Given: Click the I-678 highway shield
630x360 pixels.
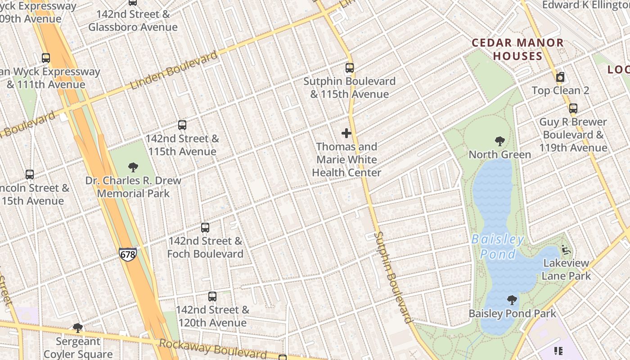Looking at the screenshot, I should pyautogui.click(x=128, y=254).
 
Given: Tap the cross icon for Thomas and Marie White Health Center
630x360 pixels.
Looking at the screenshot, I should pyautogui.click(x=346, y=133).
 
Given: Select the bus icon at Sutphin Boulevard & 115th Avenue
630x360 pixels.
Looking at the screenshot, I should pyautogui.click(x=350, y=68).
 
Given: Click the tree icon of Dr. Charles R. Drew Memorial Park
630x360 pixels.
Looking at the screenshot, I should pyautogui.click(x=133, y=167).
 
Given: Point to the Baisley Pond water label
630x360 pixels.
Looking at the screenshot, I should pyautogui.click(x=498, y=247).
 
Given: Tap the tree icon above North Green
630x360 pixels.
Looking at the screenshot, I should pyautogui.click(x=499, y=141).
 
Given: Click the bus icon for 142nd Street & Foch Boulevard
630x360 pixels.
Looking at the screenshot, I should pyautogui.click(x=205, y=228).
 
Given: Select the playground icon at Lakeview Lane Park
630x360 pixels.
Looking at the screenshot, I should pyautogui.click(x=566, y=250).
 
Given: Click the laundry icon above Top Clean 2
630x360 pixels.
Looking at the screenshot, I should pyautogui.click(x=560, y=77).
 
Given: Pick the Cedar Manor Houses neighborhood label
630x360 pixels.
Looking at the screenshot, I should pyautogui.click(x=517, y=49).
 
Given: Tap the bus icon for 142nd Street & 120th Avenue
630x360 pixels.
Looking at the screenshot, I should pyautogui.click(x=212, y=297).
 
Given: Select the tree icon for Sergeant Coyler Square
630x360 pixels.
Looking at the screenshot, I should pyautogui.click(x=78, y=328).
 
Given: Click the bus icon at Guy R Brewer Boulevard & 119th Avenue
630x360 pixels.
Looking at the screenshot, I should pyautogui.click(x=573, y=108).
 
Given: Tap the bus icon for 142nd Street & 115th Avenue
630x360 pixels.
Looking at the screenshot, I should pyautogui.click(x=182, y=125).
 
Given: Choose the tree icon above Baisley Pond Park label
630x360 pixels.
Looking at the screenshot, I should pyautogui.click(x=512, y=300).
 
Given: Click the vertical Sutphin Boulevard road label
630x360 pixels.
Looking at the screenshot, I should pyautogui.click(x=393, y=277).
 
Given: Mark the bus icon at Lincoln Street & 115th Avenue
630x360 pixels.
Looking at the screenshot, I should pyautogui.click(x=30, y=175).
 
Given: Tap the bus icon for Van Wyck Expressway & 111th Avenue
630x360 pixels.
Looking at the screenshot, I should pyautogui.click(x=46, y=58).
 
